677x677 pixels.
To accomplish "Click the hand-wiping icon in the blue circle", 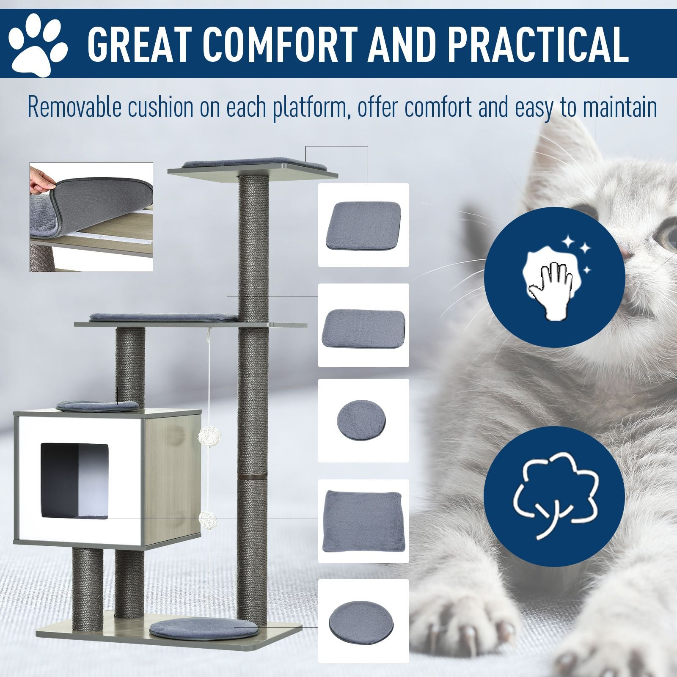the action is coord(555,278).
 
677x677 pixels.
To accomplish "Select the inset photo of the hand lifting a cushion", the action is coord(91,217).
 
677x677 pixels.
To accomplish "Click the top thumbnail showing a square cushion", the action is coord(363,225).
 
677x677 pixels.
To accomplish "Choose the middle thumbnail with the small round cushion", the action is coord(363,421).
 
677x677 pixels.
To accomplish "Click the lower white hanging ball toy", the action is coord(207,518).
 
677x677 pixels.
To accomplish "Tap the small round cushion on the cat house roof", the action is coord(98,406).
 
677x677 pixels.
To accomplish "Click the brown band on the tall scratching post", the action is coord(253,477).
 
